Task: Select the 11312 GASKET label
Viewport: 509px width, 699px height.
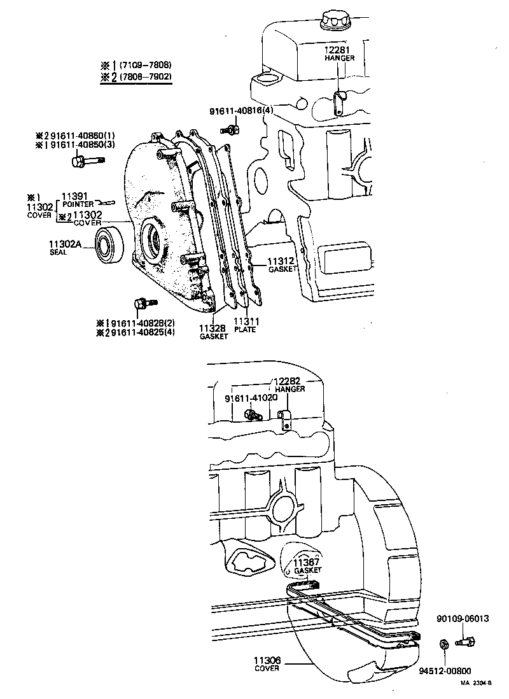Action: pyautogui.click(x=281, y=264)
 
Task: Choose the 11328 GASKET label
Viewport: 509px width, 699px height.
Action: pyautogui.click(x=213, y=332)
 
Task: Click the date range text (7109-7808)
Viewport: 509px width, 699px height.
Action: pyautogui.click(x=145, y=65)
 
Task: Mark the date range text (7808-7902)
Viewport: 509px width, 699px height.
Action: pyautogui.click(x=145, y=77)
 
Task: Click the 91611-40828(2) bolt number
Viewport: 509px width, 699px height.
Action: pyautogui.click(x=141, y=322)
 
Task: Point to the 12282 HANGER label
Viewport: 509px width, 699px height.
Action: pyautogui.click(x=289, y=385)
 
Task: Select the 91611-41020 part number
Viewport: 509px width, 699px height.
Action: pyautogui.click(x=251, y=398)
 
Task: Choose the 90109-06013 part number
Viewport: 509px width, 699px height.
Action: pyautogui.click(x=463, y=618)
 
